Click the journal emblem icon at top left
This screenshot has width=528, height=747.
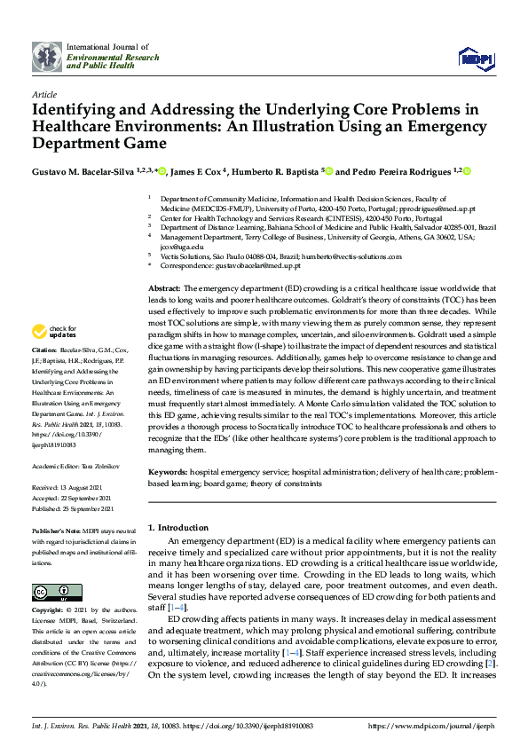(46, 56)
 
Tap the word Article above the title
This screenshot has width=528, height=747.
(43, 93)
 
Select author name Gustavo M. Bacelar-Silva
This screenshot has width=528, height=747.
(88, 171)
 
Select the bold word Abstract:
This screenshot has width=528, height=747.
(163, 289)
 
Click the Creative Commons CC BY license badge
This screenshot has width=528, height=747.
(52, 592)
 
